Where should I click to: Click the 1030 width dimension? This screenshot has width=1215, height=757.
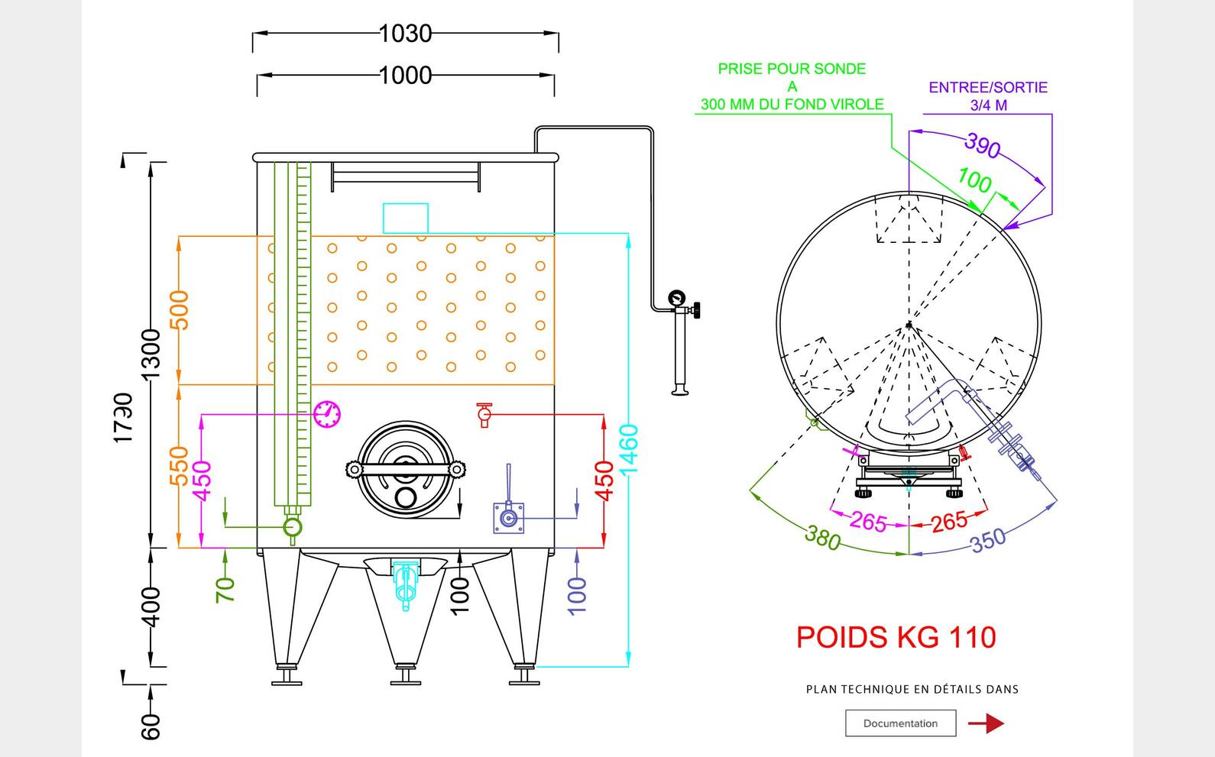tap(406, 34)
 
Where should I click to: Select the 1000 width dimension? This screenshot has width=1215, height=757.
tap(406, 76)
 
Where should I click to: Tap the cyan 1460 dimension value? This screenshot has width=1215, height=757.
tap(629, 449)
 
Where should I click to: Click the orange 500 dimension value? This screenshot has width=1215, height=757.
tap(179, 309)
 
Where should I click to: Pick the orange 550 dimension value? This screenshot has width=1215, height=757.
tap(179, 466)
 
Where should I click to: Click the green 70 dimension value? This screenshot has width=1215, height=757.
tap(225, 590)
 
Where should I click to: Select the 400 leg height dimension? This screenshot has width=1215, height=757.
tap(151, 607)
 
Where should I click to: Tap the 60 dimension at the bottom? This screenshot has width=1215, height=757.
tap(151, 726)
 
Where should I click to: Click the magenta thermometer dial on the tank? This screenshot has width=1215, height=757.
tap(327, 414)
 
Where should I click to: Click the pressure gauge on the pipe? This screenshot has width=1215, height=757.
tap(677, 298)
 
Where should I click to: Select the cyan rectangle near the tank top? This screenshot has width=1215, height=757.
tap(405, 218)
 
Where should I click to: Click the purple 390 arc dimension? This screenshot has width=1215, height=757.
tap(983, 145)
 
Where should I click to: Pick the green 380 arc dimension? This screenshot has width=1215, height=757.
tap(823, 538)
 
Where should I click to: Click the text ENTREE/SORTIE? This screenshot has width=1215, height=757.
tap(988, 87)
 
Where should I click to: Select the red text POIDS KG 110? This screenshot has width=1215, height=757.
tap(896, 637)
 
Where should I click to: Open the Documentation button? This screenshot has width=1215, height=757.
tap(900, 723)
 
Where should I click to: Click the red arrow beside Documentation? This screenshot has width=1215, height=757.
tap(987, 723)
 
